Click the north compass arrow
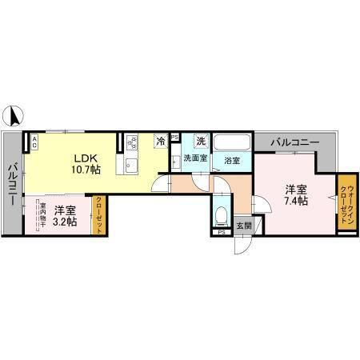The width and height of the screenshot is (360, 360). (x=14, y=116)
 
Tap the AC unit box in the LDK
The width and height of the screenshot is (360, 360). (x=34, y=142)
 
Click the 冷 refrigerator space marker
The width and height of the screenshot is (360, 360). (x=161, y=141)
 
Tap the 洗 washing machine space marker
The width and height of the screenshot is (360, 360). (x=202, y=141)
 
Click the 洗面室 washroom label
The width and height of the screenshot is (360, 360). (x=195, y=158)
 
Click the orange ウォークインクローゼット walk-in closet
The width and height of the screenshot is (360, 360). (x=346, y=204)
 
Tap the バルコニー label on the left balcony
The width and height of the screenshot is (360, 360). (x=13, y=184)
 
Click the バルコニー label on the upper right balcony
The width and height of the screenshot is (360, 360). (x=294, y=142)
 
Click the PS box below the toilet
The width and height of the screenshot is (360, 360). (x=221, y=233)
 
